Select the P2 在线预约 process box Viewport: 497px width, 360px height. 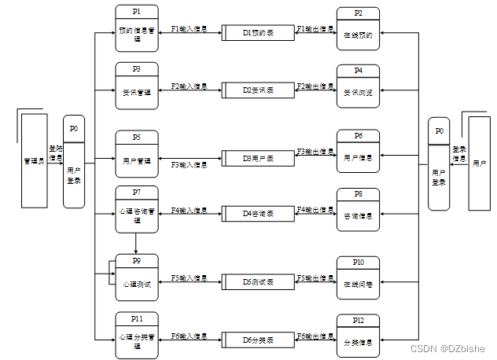tap(358, 29)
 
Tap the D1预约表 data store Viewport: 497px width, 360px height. tap(258, 33)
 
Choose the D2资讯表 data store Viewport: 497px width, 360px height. tap(258, 90)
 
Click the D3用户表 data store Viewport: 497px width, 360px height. tap(258, 158)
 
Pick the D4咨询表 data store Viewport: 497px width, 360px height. tap(258, 213)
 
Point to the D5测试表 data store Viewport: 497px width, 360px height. tap(258, 281)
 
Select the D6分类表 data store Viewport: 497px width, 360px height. tap(258, 340)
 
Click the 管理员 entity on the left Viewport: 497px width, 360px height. tap(33, 160)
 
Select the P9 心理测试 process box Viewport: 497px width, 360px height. tap(136, 277)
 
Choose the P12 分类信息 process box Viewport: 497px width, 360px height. tap(358, 336)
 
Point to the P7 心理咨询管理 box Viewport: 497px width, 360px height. tap(136, 208)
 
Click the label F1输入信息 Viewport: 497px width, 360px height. tap(189, 29)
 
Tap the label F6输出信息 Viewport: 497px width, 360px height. tap(315, 336)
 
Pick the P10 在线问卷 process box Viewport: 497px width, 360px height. tap(358, 277)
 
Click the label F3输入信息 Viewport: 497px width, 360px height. tap(189, 164)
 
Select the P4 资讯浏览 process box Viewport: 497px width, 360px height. tap(358, 86)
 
